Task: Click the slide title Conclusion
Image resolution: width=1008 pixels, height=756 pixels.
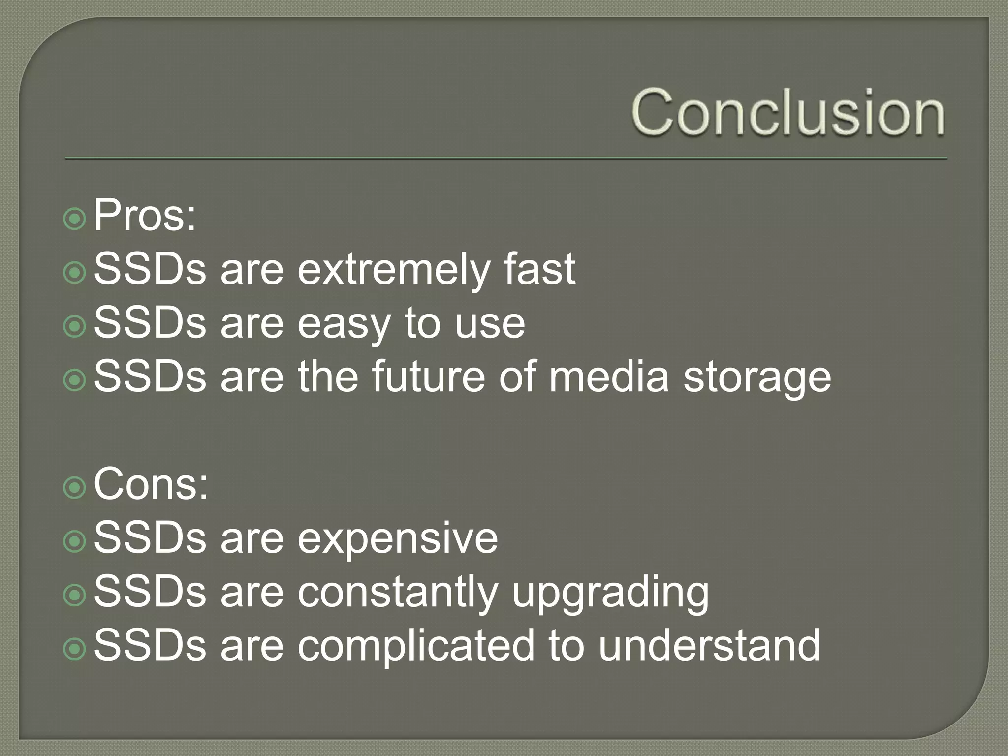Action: tap(788, 112)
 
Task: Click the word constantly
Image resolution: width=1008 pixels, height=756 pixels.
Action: tap(398, 592)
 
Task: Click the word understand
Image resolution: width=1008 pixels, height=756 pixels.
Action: tap(709, 645)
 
